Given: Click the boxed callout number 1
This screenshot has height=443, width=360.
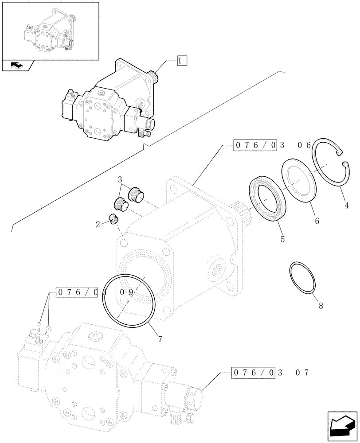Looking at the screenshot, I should [182, 61].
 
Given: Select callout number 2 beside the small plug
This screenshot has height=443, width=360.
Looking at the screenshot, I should [97, 225].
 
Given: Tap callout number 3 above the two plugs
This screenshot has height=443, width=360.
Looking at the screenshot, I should [120, 179].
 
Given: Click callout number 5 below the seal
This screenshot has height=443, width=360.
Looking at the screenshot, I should [282, 240].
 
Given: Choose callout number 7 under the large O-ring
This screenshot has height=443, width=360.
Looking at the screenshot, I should [160, 339].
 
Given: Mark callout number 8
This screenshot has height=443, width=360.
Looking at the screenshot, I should [321, 305].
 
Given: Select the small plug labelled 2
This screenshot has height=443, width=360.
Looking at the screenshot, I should [115, 219].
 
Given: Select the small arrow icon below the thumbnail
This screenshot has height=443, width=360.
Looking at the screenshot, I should [17, 66].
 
